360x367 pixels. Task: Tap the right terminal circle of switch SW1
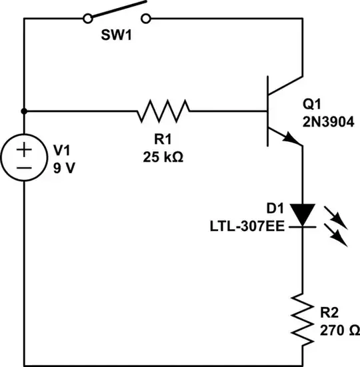(150, 19)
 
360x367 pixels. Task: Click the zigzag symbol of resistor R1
(163, 111)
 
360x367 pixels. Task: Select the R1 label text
(163, 141)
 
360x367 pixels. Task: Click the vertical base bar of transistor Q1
(266, 111)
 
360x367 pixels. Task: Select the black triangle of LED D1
(303, 213)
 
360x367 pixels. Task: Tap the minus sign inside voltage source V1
(25, 169)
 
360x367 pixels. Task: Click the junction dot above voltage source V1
(25, 111)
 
